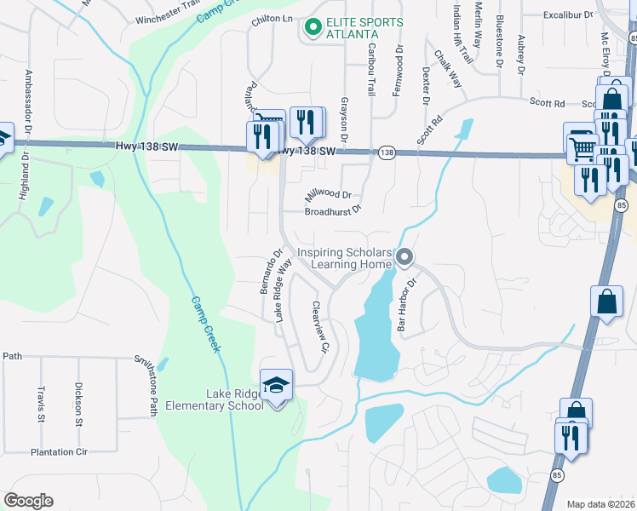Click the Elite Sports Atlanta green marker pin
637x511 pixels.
313,28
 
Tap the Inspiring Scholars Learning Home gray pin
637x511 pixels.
405,256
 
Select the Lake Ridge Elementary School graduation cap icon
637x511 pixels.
277,386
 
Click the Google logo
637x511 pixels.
28,501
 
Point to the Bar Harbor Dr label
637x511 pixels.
405,304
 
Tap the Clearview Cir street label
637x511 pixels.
319,327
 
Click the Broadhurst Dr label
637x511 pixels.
333,209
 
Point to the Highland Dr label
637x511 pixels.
23,175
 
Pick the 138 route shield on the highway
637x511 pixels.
387,152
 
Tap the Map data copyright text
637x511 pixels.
601,503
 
